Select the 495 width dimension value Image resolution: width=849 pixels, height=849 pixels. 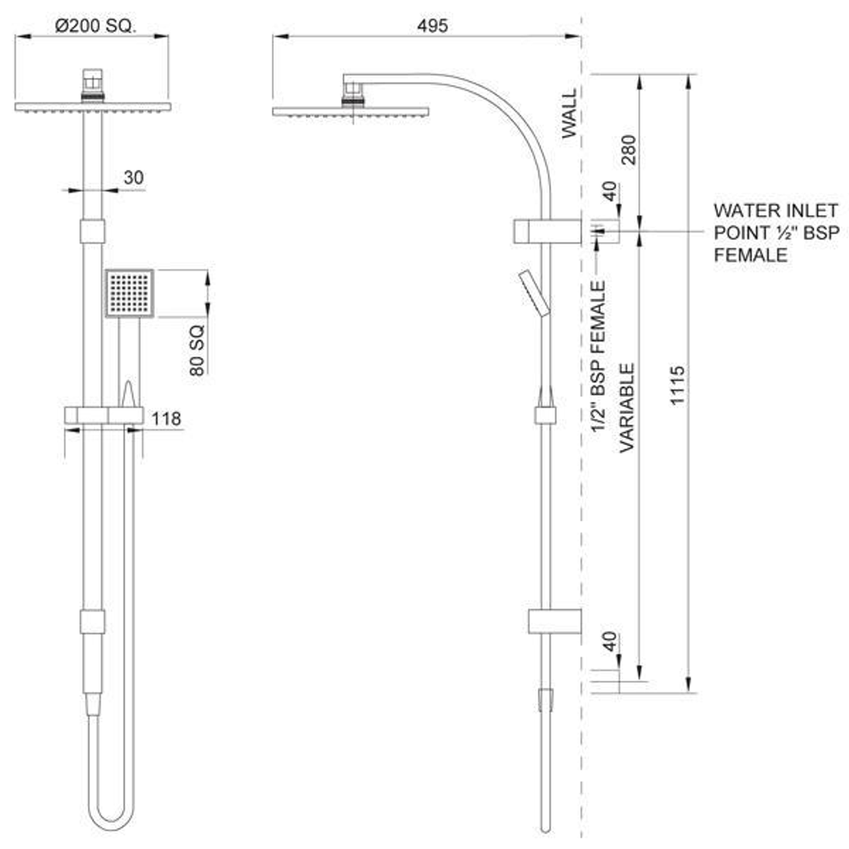[432, 26]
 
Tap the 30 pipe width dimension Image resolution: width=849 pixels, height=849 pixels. [134, 178]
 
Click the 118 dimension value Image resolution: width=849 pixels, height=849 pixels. [167, 419]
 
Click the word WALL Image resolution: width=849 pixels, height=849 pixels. [569, 114]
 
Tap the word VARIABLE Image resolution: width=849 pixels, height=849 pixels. [627, 407]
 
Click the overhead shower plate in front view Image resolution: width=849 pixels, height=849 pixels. [93, 107]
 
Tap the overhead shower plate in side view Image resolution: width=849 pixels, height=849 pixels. [351, 112]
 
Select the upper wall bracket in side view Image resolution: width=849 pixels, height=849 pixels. [548, 231]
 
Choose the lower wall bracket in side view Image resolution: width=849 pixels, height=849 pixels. [554, 621]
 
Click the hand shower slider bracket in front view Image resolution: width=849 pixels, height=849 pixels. [104, 416]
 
